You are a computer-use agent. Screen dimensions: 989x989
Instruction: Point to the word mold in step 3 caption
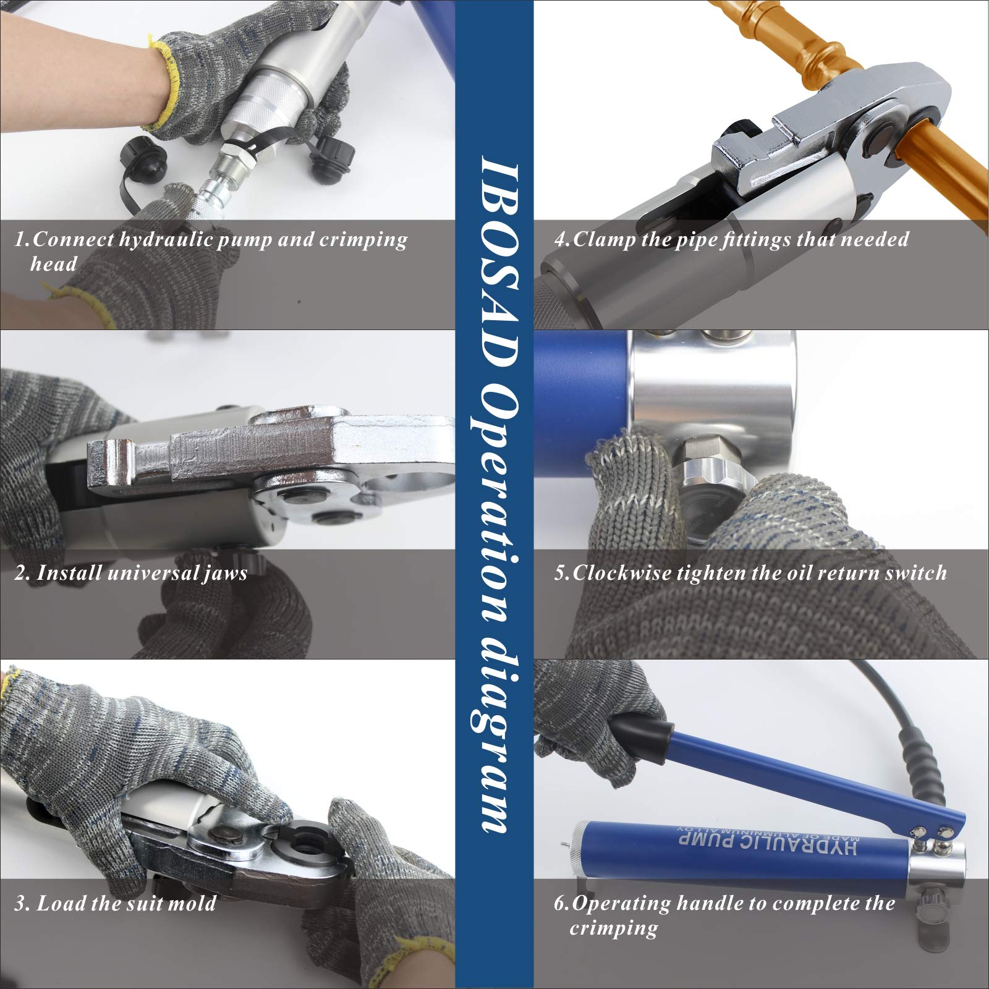tap(193, 904)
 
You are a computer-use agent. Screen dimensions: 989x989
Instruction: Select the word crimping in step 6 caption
tap(613, 928)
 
